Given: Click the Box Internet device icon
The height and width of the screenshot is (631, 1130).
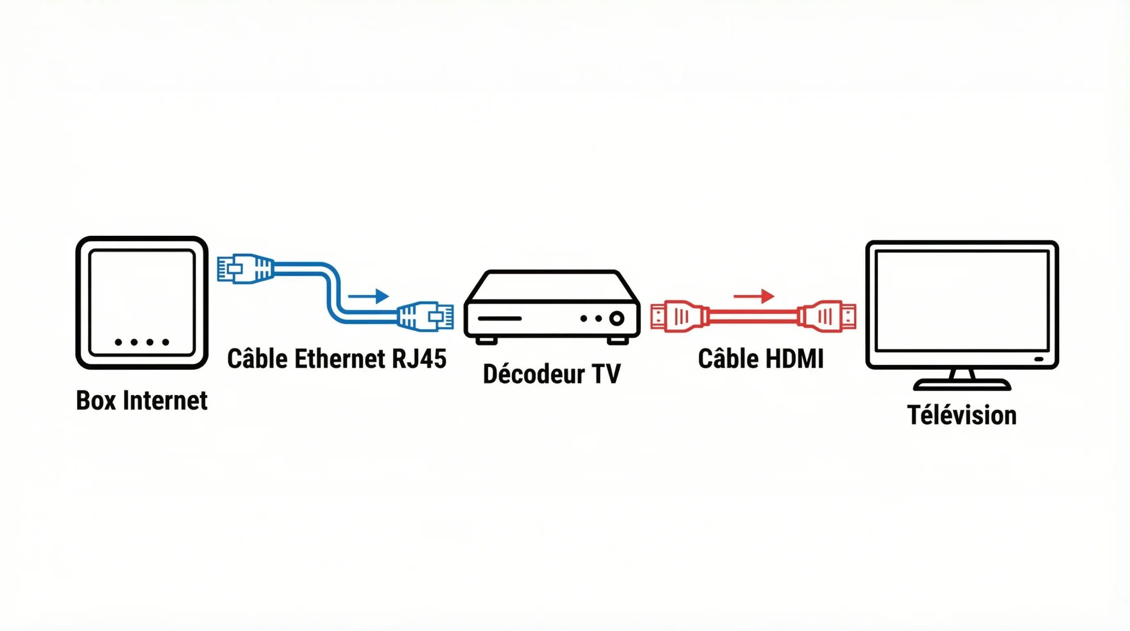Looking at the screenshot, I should pyautogui.click(x=142, y=302).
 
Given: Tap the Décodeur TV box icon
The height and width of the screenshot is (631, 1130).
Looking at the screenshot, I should pyautogui.click(x=552, y=306).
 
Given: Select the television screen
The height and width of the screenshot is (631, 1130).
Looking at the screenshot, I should pyautogui.click(x=962, y=300).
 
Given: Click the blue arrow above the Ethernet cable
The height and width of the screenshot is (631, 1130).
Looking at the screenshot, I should pyautogui.click(x=369, y=295).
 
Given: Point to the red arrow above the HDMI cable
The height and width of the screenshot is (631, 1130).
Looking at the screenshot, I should pyautogui.click(x=754, y=296).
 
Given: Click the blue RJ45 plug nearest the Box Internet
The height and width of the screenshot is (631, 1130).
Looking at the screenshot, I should pyautogui.click(x=245, y=268).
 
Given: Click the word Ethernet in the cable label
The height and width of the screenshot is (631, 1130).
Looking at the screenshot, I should pyautogui.click(x=340, y=359).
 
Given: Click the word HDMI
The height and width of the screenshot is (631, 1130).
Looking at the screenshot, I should pyautogui.click(x=795, y=359).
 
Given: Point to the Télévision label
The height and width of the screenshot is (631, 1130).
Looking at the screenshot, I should pyautogui.click(x=962, y=416).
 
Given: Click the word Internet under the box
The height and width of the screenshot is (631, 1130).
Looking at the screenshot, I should pyautogui.click(x=165, y=401).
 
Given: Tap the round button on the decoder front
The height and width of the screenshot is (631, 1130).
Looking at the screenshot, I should pyautogui.click(x=617, y=318).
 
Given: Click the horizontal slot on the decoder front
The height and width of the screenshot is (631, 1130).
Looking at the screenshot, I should pyautogui.click(x=500, y=318).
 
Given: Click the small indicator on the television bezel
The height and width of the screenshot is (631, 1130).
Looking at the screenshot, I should pyautogui.click(x=1039, y=359).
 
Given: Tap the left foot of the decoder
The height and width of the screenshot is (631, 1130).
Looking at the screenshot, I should pyautogui.click(x=486, y=341).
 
